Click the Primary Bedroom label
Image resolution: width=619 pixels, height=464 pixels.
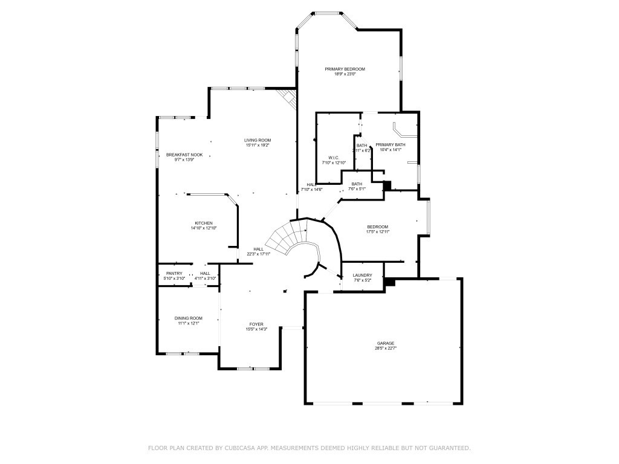(345, 69)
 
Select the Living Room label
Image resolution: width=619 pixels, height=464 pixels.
(258, 140)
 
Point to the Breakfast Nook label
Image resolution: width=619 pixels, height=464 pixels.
(184, 155)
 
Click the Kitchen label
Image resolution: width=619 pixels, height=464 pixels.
(203, 223)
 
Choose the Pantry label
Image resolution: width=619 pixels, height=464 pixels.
(174, 274)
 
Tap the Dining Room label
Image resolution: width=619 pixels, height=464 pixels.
(189, 318)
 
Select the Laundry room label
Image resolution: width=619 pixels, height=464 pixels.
(363, 275)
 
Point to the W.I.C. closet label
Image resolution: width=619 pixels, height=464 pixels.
(332, 158)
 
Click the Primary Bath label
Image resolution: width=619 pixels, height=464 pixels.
(390, 145)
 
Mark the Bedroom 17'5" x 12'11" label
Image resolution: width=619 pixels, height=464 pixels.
(377, 227)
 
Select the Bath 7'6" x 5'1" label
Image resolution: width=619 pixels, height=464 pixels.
(357, 184)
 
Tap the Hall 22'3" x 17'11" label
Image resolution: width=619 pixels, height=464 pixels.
(258, 249)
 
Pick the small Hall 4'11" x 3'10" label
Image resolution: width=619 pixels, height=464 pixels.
(205, 274)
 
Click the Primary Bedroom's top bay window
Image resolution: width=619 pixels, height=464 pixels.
(326, 12)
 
